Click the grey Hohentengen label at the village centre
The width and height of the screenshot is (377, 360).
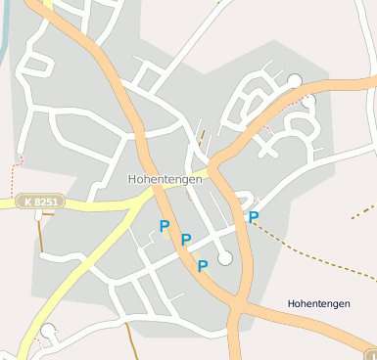tap(165, 179)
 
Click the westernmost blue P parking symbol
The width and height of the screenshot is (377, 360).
tap(165, 226)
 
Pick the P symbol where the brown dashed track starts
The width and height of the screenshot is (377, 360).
tap(254, 217)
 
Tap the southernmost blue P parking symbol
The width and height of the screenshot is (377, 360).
tap(203, 266)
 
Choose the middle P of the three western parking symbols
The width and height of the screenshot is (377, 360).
tap(185, 241)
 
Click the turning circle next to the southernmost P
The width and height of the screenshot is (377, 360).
tap(226, 258)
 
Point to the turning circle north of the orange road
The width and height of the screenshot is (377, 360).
tap(295, 80)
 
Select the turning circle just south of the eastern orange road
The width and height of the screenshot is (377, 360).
tap(309, 101)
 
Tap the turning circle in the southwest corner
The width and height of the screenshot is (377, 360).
tap(48, 331)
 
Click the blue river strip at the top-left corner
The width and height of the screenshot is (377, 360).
tap(4, 29)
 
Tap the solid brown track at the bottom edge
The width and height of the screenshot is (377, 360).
tap(130, 342)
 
